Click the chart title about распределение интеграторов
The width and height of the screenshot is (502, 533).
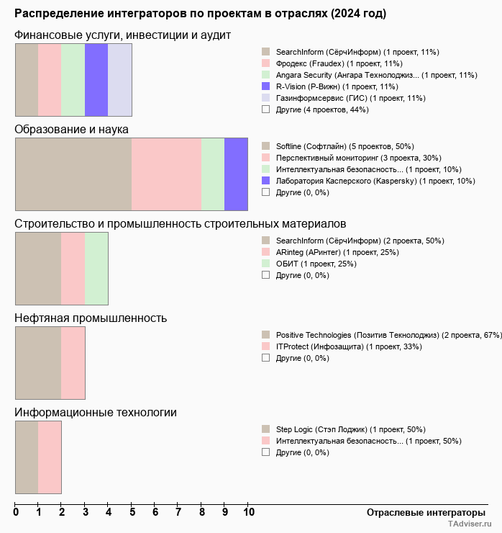point(200,14)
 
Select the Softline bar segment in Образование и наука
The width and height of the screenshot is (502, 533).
point(73,174)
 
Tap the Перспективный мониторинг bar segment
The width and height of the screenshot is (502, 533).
point(166,174)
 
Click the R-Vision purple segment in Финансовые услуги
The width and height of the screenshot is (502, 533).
point(96,79)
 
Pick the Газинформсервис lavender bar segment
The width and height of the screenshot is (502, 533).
point(119,79)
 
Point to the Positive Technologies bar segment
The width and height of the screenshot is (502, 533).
point(38,362)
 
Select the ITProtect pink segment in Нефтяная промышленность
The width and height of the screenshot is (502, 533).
point(73,362)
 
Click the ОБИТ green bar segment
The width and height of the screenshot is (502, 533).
point(96,268)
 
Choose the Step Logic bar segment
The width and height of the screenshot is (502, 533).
point(27,457)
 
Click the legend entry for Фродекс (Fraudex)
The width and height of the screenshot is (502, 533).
point(339,63)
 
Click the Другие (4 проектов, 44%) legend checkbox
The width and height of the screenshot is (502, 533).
point(266,109)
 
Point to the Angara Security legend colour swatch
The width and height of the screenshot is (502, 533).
point(266,75)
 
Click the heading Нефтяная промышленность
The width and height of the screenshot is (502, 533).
point(91,318)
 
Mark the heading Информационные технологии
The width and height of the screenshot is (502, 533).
point(96,413)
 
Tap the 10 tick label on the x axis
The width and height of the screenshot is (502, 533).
point(249,513)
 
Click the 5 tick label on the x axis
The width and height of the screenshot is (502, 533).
point(132,513)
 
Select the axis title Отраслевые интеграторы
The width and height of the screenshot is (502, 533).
point(421,512)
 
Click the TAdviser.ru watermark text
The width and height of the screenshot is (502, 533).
point(469,525)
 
